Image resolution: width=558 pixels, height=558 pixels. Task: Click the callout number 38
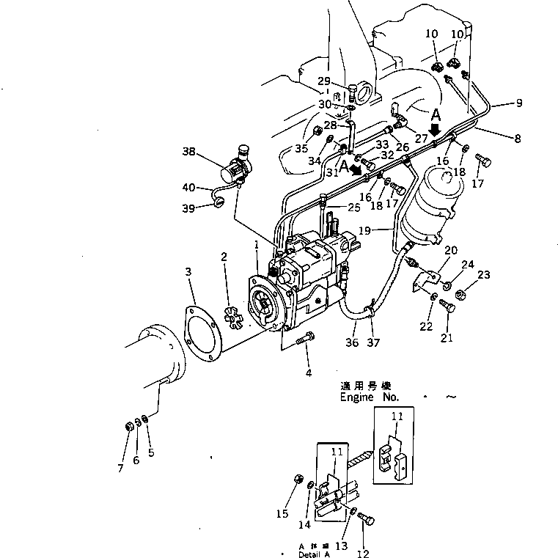(189, 153)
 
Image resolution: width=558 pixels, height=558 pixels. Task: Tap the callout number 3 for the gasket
(188, 272)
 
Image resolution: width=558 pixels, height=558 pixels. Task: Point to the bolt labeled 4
(306, 339)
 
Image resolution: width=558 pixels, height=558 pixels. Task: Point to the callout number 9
(518, 103)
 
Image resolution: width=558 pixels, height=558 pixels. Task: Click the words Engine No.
(369, 397)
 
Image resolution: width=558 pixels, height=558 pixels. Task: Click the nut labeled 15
(298, 479)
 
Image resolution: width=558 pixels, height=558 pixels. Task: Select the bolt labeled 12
(367, 520)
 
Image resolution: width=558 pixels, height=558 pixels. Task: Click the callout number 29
(323, 81)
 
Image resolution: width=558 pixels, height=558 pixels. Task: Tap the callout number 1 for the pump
(257, 243)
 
